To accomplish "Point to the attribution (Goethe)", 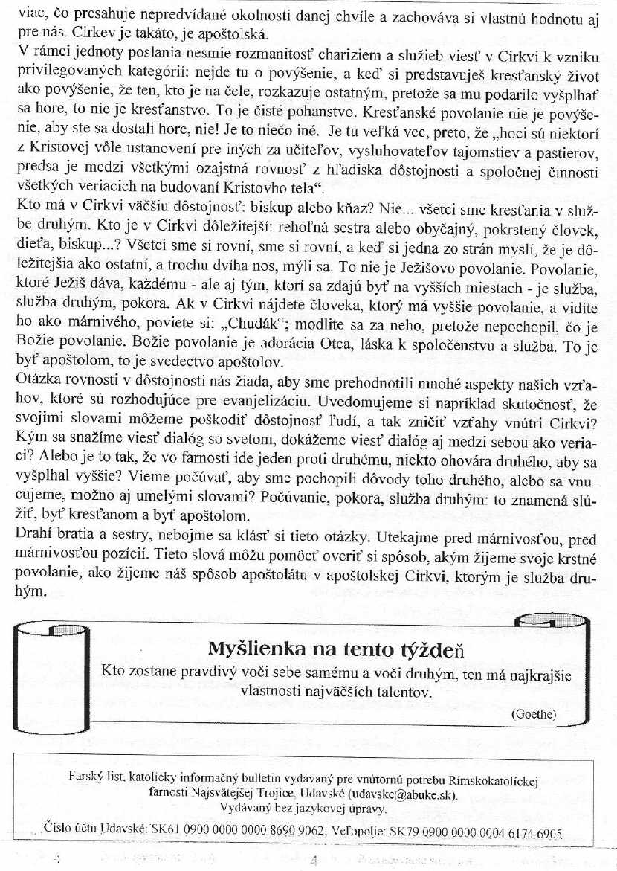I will [x=534, y=713].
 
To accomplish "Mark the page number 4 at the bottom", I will [x=314, y=862].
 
